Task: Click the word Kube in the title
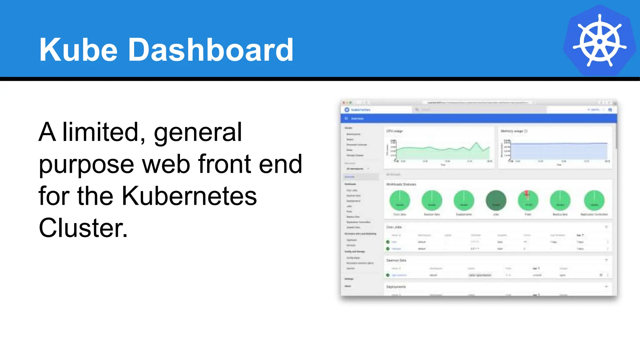point(78,50)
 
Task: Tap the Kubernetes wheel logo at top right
point(599,41)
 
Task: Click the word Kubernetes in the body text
point(189,196)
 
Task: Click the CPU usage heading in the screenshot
point(394,131)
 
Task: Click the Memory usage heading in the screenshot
point(512,131)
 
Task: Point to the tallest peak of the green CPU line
point(477,143)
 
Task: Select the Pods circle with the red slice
point(528,200)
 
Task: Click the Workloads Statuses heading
point(401,184)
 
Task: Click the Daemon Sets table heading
point(396,260)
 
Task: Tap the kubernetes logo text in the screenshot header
point(361,110)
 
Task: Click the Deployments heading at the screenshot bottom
point(396,287)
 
